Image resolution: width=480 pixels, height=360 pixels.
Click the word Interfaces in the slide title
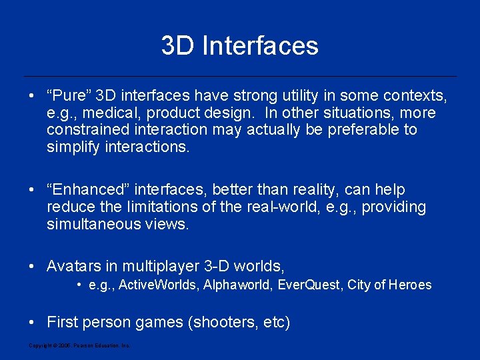[x=260, y=46]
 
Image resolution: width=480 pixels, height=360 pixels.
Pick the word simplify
[x=73, y=147]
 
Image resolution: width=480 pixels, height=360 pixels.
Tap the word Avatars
[x=72, y=267]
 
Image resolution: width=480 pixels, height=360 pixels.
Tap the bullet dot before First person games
[x=32, y=323]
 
